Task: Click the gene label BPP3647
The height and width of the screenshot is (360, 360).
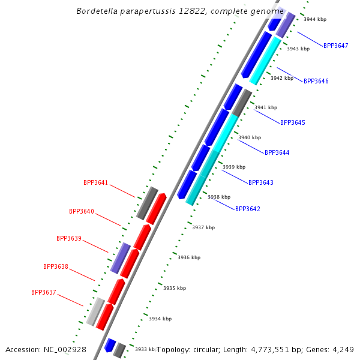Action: pyautogui.click(x=335, y=46)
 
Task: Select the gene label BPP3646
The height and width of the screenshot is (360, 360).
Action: pyautogui.click(x=316, y=81)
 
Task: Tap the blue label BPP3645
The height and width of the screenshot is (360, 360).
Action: pyautogui.click(x=293, y=122)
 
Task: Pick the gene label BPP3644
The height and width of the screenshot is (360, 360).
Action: pyautogui.click(x=277, y=152)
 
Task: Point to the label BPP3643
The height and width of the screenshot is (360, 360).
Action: pyautogui.click(x=261, y=182)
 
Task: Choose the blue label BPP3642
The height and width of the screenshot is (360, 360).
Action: pyautogui.click(x=248, y=209)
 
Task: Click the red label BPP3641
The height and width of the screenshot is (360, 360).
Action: pyautogui.click(x=95, y=182)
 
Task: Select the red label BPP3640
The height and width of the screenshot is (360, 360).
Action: pyautogui.click(x=82, y=211)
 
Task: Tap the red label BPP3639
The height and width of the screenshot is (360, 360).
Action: pyautogui.click(x=69, y=238)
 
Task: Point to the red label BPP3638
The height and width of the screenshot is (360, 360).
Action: pyautogui.click(x=56, y=266)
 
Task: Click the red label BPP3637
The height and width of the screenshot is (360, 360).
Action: pyautogui.click(x=44, y=292)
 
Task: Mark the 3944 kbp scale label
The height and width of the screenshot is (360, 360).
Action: pyautogui.click(x=315, y=19)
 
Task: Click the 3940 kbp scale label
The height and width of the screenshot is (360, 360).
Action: pyautogui.click(x=250, y=137)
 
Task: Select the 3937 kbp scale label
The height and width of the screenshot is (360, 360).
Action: pyautogui.click(x=203, y=227)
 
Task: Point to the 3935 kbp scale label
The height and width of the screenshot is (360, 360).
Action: pyautogui.click(x=175, y=288)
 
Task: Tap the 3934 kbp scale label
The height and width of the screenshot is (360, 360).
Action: pyautogui.click(x=160, y=319)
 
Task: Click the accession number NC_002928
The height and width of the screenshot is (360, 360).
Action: pyautogui.click(x=65, y=350)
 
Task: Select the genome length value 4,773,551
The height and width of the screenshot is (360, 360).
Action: pyautogui.click(x=270, y=350)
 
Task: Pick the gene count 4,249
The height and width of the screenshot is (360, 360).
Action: pyautogui.click(x=343, y=350)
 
